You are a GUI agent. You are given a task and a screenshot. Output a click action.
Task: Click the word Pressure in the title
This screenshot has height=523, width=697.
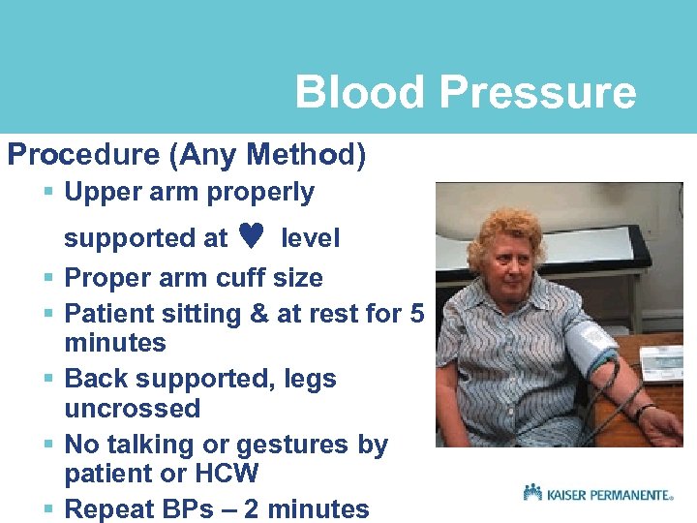(x=537, y=93)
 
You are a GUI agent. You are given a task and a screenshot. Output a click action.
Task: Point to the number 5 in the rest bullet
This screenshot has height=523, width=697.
(x=416, y=314)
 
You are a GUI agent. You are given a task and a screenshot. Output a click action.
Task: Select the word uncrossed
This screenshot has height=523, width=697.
(x=132, y=409)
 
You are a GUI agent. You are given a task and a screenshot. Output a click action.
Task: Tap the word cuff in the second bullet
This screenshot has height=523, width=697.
(x=236, y=278)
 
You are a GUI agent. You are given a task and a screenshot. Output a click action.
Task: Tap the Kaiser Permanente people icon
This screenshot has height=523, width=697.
(x=532, y=492)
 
